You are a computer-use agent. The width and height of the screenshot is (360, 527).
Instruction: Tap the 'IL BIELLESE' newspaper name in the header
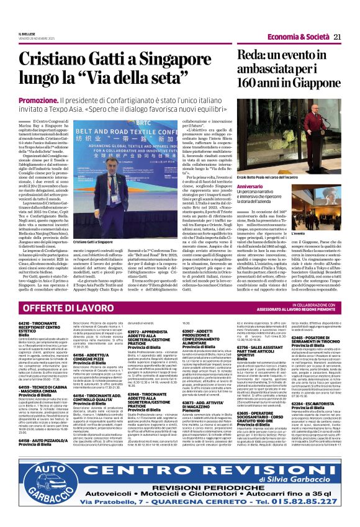(27, 35)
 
